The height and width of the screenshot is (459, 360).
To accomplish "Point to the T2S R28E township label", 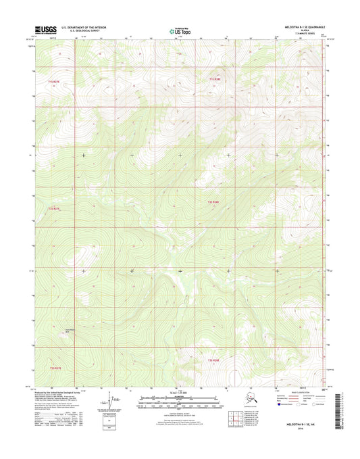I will pos(213,201).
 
